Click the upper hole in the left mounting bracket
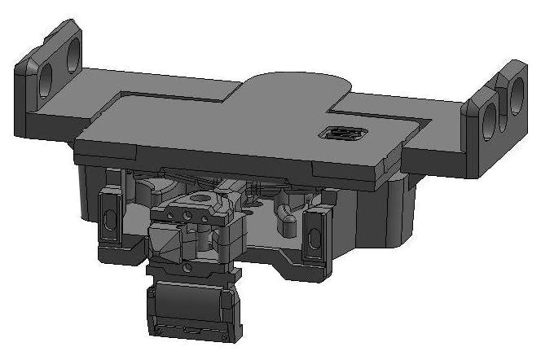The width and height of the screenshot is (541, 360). pos(72,53)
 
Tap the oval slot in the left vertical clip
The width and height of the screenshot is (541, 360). pos(110,218)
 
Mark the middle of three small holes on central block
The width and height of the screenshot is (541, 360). pos(187,216)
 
